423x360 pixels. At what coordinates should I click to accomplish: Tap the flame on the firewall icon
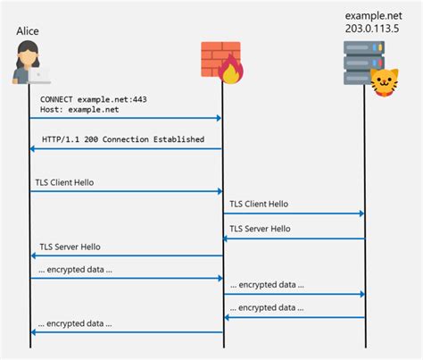click(229, 70)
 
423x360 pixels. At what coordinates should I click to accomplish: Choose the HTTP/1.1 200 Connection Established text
click(123, 140)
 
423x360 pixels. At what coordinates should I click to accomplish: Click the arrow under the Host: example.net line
click(126, 118)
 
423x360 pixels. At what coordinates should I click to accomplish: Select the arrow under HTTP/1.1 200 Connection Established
click(126, 149)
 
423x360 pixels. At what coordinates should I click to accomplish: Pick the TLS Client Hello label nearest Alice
click(62, 182)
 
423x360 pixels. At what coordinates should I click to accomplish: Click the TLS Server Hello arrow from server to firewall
click(294, 239)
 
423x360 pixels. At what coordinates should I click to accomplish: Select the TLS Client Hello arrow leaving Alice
click(126, 191)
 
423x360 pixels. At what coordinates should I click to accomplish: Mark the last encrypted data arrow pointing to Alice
click(126, 332)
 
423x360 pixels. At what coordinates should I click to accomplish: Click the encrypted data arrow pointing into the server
click(294, 294)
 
